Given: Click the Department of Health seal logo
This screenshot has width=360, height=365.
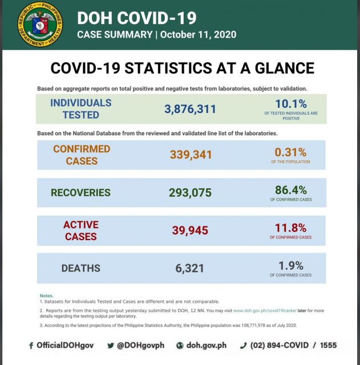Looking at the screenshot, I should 41,24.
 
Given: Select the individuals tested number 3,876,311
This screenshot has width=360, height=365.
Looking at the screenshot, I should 191,109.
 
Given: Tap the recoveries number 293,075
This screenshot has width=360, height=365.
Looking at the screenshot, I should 191,193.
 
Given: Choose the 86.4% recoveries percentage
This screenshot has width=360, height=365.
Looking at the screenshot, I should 290,190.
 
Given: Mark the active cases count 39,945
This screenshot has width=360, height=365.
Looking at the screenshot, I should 191,230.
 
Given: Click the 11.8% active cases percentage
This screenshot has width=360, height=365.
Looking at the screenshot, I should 290,228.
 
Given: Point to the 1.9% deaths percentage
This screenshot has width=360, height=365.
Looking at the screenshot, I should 290,265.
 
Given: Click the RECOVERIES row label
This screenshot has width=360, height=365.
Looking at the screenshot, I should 81,193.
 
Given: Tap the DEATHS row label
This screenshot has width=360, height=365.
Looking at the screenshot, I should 80,268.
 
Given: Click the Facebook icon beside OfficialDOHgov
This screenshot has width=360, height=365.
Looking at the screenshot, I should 31,346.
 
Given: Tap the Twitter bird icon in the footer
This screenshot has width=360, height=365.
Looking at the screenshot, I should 111,346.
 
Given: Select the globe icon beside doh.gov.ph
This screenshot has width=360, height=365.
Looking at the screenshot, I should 180,346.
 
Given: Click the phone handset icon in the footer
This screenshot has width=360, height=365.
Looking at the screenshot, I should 243,346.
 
